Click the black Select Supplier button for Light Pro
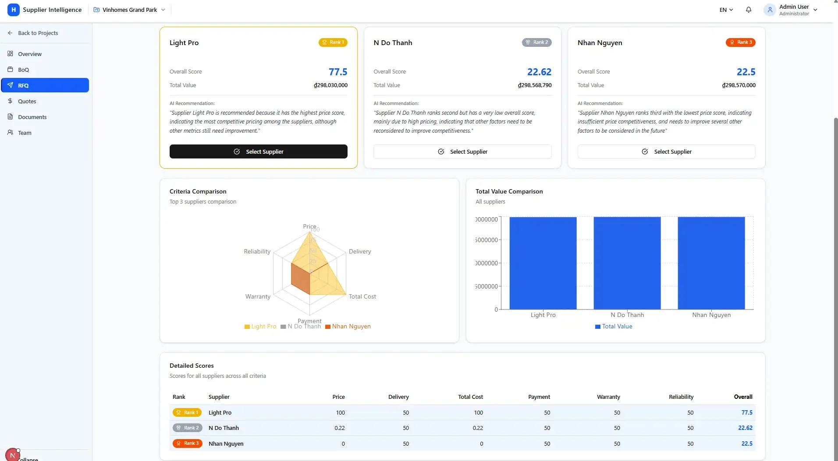pos(258,151)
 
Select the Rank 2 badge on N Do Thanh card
pos(536,42)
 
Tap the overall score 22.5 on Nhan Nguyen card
pos(746,72)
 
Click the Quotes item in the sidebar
pos(27,101)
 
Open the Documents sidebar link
pos(32,117)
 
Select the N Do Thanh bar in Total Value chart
pos(627,263)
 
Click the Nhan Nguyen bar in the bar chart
pos(711,263)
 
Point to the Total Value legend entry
pos(614,326)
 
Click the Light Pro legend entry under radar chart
pos(260,326)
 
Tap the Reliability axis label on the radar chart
pos(257,251)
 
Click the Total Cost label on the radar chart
pos(362,296)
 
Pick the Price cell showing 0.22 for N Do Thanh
pos(339,428)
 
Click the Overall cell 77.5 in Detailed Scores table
pos(746,412)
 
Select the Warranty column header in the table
pos(608,397)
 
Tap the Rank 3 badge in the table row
pos(188,443)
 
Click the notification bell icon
pos(748,10)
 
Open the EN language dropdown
pos(726,10)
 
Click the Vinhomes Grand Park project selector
pos(129,10)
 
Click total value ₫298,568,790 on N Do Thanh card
pos(534,85)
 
